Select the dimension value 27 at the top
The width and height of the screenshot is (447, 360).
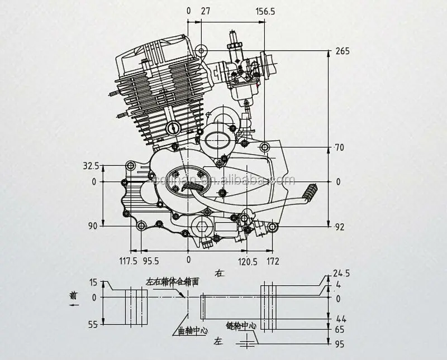click(205, 11)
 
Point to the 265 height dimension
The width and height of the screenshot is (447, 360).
click(343, 51)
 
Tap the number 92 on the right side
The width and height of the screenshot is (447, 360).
click(340, 227)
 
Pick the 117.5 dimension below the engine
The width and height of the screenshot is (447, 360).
click(128, 261)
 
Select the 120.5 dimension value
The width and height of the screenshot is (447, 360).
click(248, 261)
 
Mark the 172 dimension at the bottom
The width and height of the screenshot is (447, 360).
click(273, 261)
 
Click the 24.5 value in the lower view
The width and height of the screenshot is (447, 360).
click(341, 274)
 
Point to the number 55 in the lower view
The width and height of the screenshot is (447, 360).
click(93, 324)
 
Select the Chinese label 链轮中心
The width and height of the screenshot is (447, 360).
click(241, 325)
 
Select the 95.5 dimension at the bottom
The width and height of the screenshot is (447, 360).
click(151, 261)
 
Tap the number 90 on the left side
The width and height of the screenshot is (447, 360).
click(92, 225)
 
